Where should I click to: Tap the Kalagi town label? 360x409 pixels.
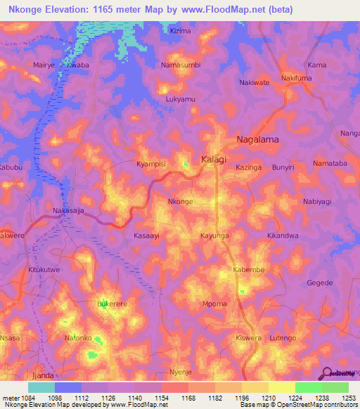[214, 160]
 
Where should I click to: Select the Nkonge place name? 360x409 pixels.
[181, 202]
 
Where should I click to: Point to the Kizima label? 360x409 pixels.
[180, 32]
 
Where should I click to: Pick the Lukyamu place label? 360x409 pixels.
[180, 100]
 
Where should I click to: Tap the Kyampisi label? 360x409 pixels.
[150, 164]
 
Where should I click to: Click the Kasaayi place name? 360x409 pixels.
[147, 237]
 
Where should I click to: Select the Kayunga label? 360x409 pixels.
[215, 237]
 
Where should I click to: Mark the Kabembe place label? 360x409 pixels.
[248, 270]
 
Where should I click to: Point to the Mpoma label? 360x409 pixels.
[214, 304]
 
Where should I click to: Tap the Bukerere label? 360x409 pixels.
[112, 304]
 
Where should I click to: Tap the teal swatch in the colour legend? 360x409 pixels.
[41, 387]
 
